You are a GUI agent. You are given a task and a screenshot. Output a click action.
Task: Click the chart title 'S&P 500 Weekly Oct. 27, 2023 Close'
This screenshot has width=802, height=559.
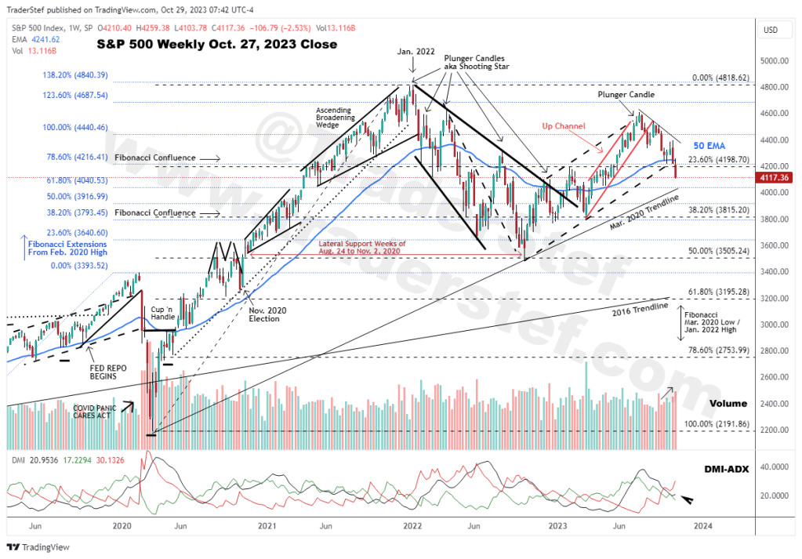pos(216,45)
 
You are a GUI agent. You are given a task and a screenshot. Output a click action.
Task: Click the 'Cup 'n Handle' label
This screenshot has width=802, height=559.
pos(164,314)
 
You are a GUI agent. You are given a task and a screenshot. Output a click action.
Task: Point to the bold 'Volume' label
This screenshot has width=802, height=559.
pos(728,403)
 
